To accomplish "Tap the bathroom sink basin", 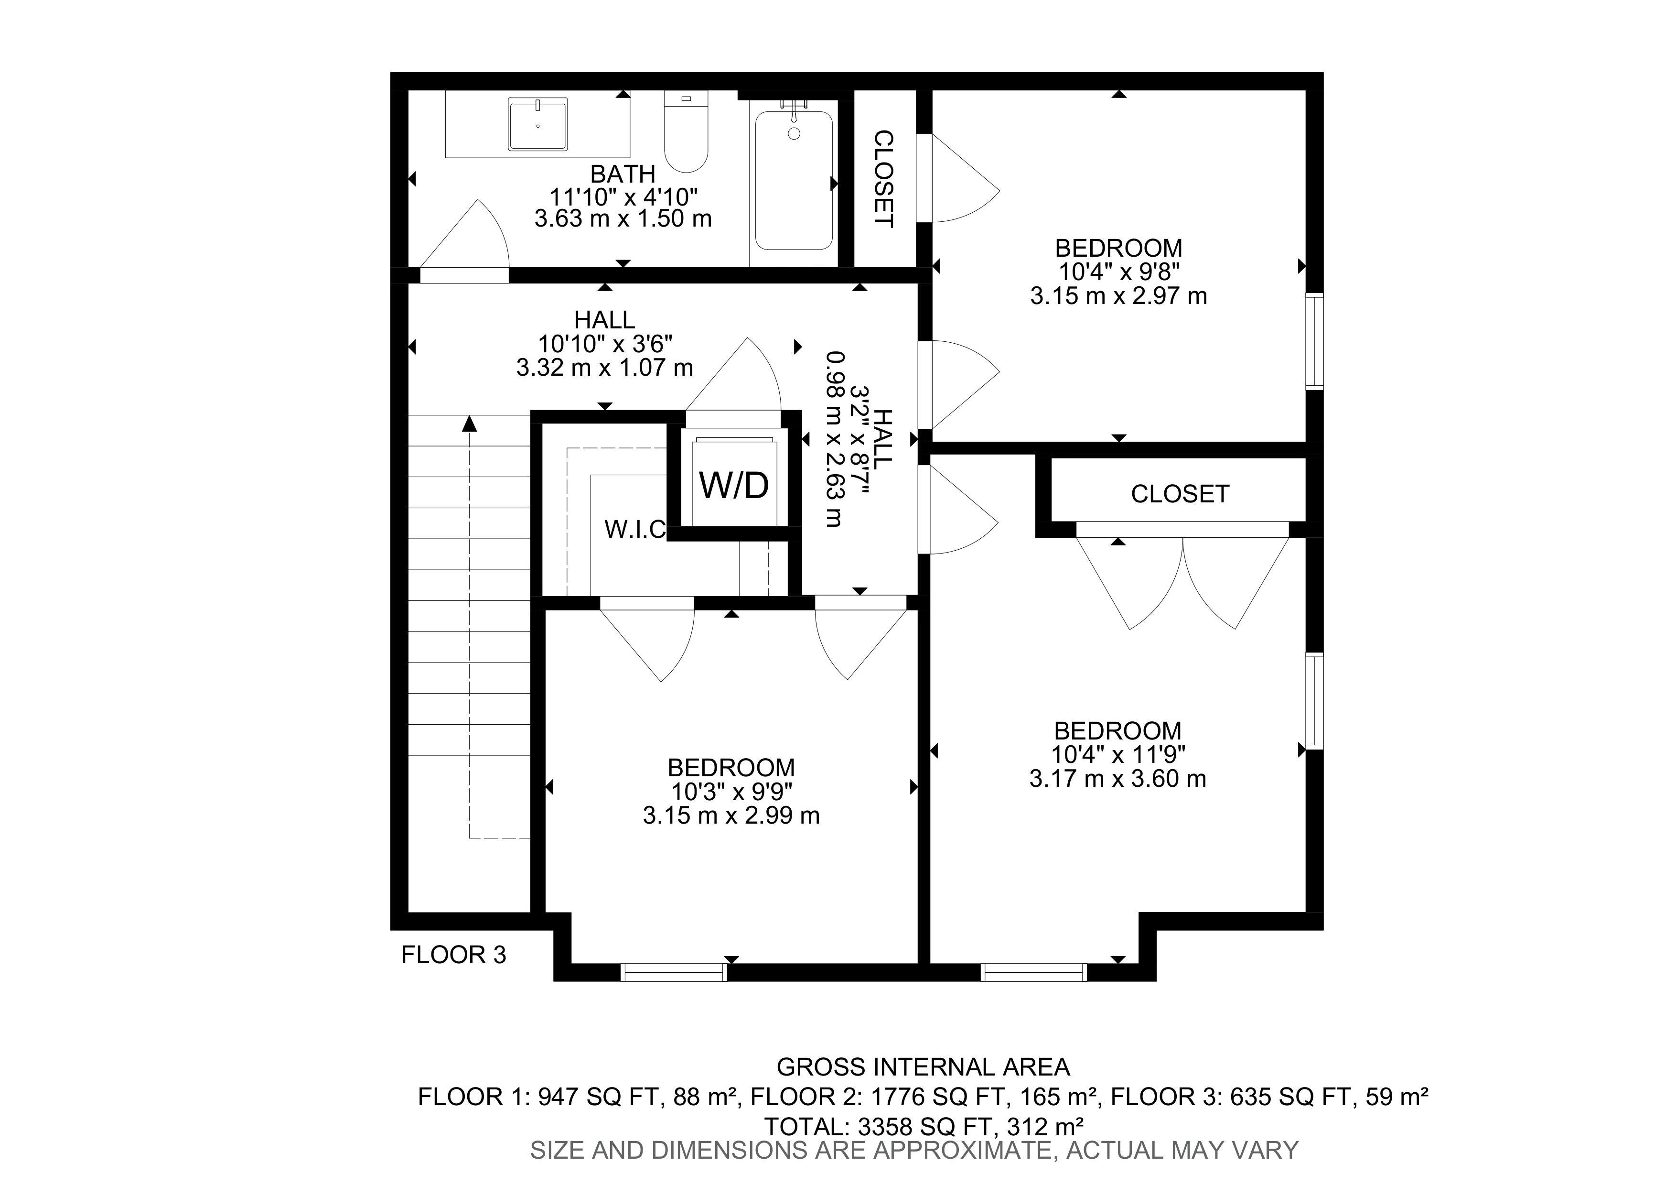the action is click(x=538, y=126).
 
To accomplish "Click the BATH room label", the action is click(x=623, y=174).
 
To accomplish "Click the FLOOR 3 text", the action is click(x=453, y=955).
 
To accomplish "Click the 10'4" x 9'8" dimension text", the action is click(x=1119, y=272).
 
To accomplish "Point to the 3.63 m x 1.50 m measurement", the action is click(x=623, y=218).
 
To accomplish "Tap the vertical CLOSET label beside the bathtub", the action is click(x=884, y=179).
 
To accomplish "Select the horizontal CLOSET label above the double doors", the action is click(x=1180, y=494).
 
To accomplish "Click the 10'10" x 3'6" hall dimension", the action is click(x=605, y=343).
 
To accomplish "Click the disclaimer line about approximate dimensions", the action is click(x=914, y=1151).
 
